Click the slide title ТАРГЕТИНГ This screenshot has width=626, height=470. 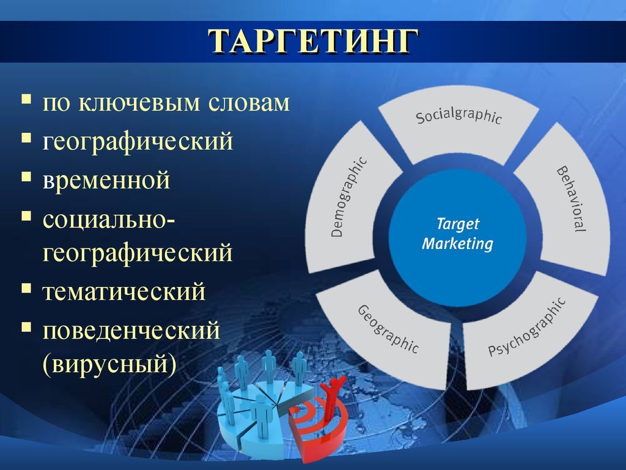click(314, 41)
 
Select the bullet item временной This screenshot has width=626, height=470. click(106, 180)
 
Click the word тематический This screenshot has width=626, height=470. click(123, 291)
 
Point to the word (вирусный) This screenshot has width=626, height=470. click(109, 364)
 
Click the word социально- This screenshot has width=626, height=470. click(109, 220)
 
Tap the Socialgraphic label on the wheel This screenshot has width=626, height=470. click(458, 116)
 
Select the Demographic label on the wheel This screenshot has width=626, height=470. click(348, 197)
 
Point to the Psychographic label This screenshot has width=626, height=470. click(527, 327)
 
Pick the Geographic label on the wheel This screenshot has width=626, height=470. click(388, 329)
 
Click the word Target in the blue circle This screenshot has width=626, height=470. click(457, 223)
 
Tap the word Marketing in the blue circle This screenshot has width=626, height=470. click(457, 244)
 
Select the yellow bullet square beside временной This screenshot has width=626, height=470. click(26, 177)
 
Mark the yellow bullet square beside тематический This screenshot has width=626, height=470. click(26, 288)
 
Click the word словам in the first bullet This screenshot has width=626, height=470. click(249, 103)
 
